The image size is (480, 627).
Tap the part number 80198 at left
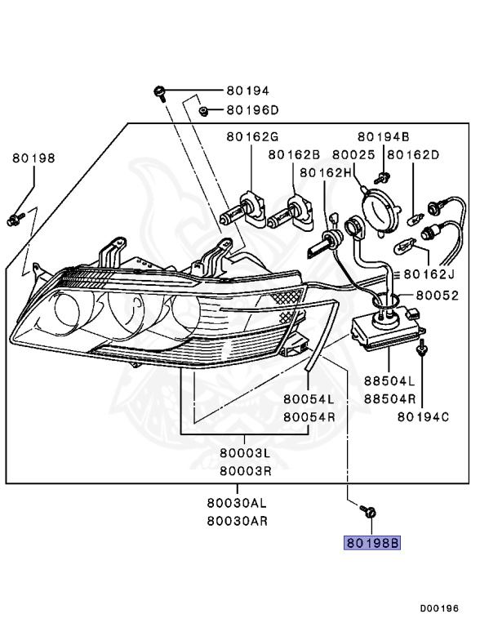(33, 158)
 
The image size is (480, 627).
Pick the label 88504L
(389, 381)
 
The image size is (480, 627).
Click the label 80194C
(424, 417)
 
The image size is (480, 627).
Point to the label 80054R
(309, 416)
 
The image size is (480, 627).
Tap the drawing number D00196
(440, 608)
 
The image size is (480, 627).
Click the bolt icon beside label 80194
(161, 91)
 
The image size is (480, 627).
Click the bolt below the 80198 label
(15, 218)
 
